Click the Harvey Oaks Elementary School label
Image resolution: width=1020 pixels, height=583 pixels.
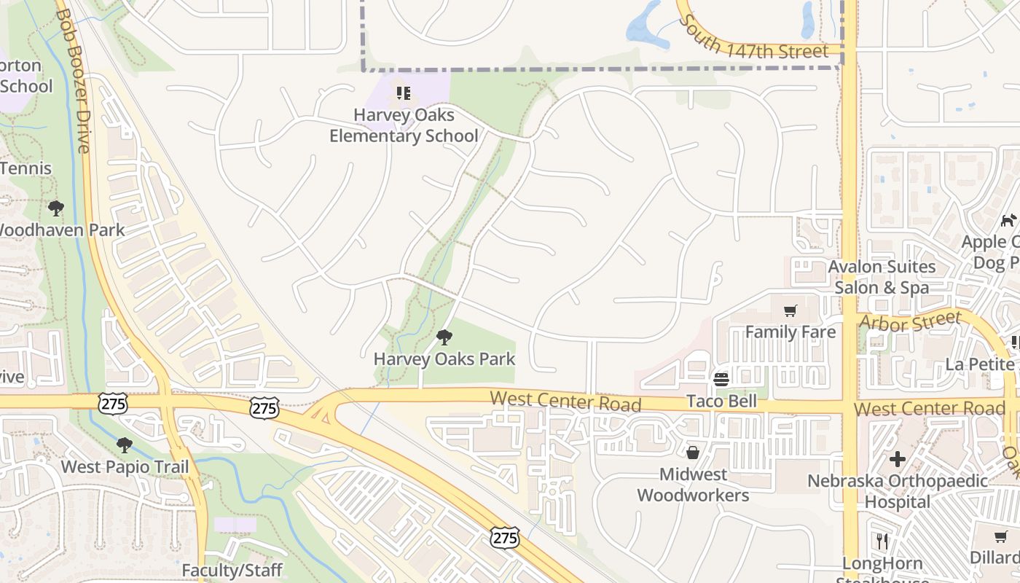[x=404, y=125]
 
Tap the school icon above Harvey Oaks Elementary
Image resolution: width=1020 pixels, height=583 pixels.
[x=404, y=93]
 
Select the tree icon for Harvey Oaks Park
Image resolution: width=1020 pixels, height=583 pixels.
[x=444, y=337]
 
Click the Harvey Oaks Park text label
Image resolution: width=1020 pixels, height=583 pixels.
[x=444, y=359]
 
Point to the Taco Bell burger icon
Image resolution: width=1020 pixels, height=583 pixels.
[x=721, y=380]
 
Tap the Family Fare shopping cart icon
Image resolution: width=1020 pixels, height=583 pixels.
[x=790, y=311]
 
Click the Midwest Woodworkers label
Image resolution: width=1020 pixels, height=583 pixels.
[x=693, y=485]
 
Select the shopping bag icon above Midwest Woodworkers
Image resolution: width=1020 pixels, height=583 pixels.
[x=693, y=453]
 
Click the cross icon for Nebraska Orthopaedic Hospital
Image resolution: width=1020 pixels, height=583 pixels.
[x=898, y=459]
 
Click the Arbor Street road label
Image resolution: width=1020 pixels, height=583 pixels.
[x=910, y=321]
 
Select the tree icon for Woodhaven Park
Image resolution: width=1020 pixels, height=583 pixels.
[x=55, y=208]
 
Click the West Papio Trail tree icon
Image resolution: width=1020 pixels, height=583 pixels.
[x=125, y=445]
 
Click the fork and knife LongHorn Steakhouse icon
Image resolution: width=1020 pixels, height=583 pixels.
[x=882, y=541]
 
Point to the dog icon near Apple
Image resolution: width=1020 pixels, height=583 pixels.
[x=1008, y=220]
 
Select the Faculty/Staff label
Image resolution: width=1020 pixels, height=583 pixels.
[x=232, y=570]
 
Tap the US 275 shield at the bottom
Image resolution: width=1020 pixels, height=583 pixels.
[x=504, y=539]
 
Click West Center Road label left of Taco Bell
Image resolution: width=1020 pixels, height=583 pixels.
[x=565, y=401]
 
